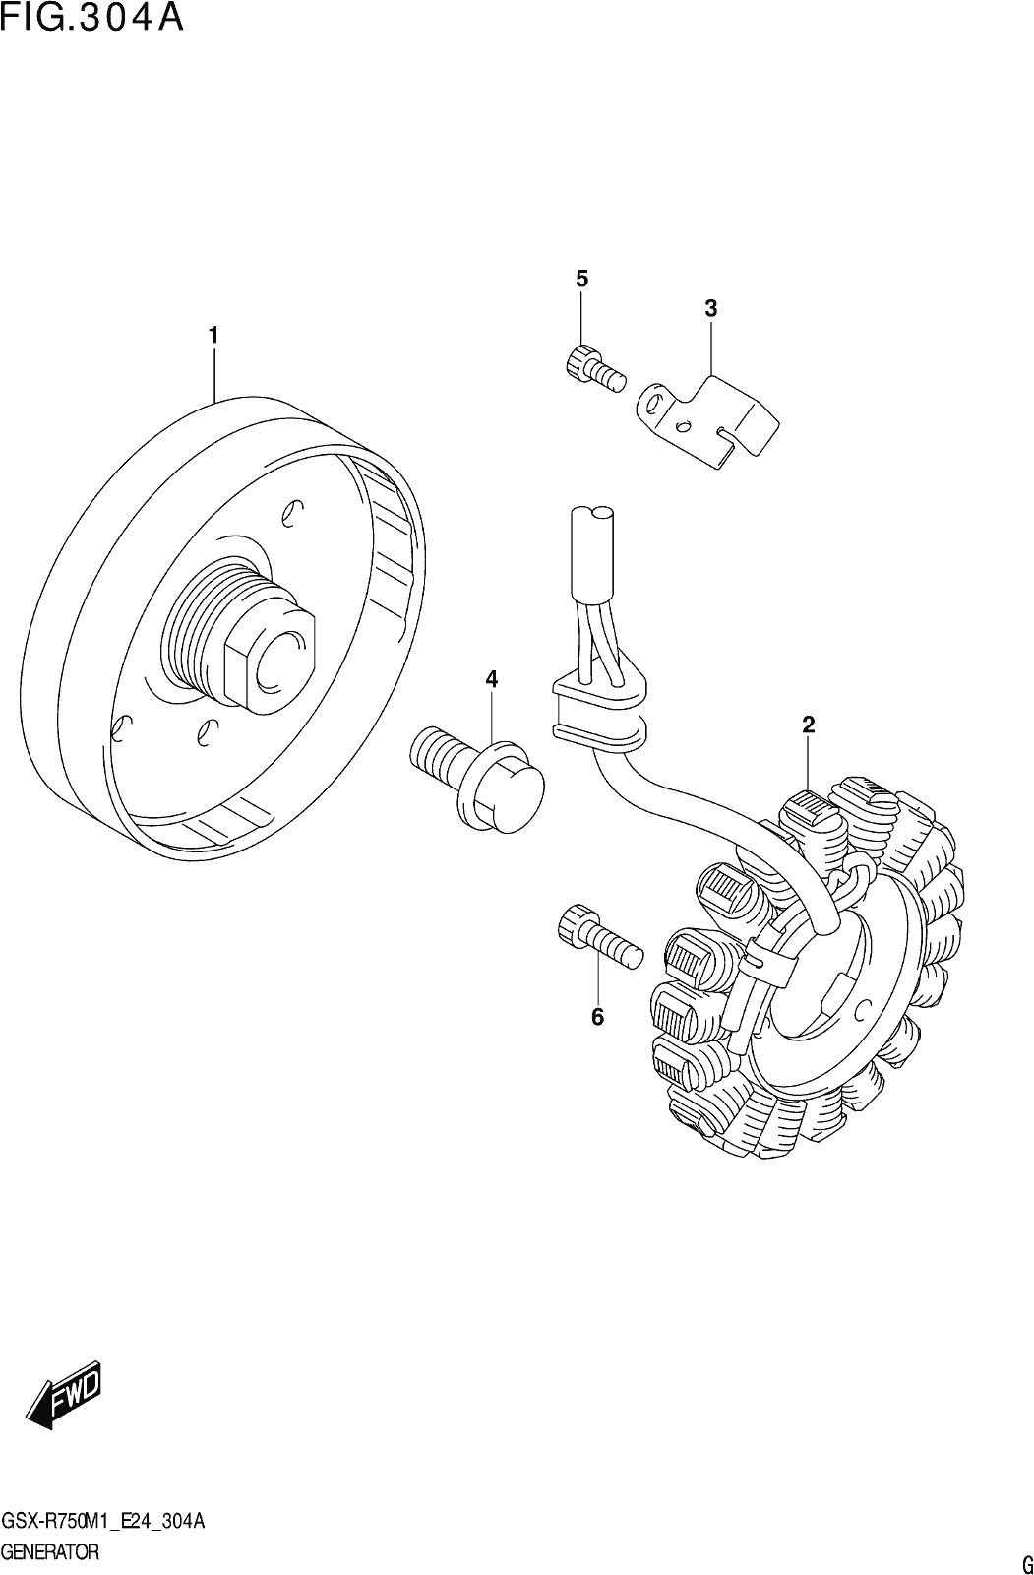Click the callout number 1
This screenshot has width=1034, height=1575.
213,336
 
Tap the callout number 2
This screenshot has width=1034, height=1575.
809,724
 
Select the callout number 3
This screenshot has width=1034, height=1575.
710,308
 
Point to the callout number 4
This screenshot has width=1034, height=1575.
491,679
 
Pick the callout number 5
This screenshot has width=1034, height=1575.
582,279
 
